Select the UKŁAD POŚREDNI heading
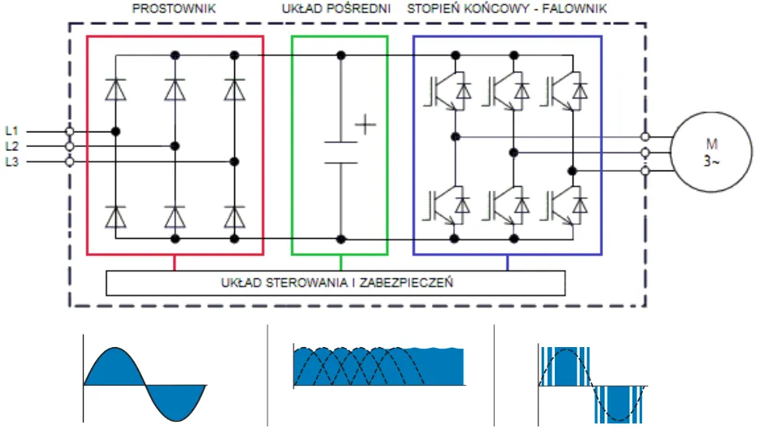[335, 9]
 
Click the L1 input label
[12, 131]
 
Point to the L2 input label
[12, 146]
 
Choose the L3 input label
[12, 162]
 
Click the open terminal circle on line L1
[69, 132]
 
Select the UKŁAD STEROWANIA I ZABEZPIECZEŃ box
[335, 282]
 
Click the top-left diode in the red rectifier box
[116, 90]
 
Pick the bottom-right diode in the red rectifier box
[234, 216]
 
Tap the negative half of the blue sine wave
[176, 400]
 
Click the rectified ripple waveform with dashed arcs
[379, 367]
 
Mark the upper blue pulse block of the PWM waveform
[563, 366]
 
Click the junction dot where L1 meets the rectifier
[116, 132]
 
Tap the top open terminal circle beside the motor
[644, 136]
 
